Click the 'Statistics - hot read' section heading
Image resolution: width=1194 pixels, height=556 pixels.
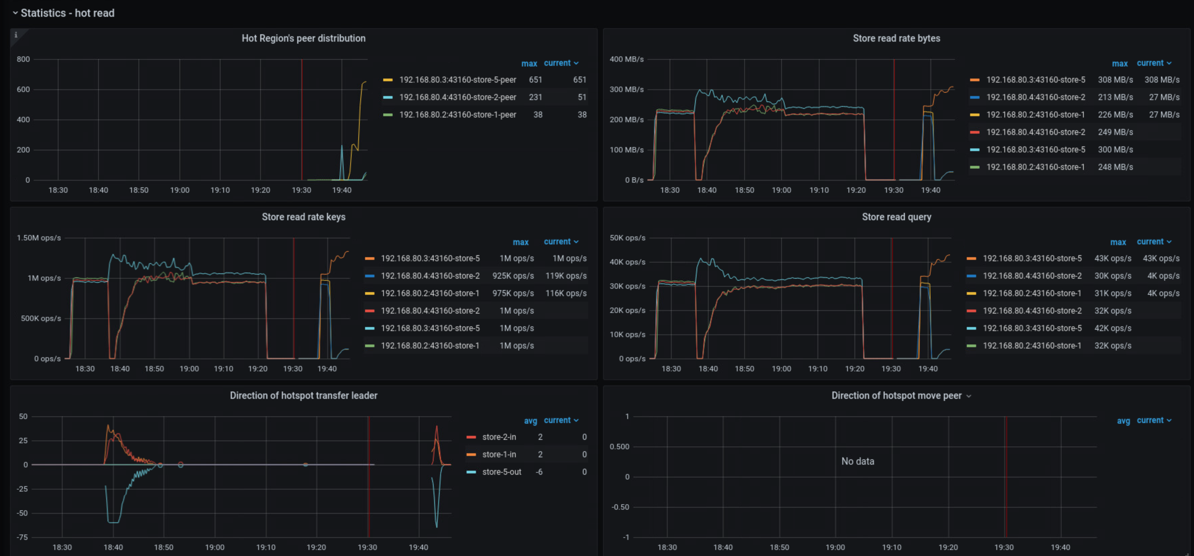[x=67, y=13]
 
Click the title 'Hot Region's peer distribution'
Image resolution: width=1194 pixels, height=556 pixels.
[x=303, y=38]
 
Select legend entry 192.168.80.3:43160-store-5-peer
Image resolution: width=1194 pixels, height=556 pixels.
[x=457, y=80]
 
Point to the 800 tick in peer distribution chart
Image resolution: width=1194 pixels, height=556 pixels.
[x=23, y=59]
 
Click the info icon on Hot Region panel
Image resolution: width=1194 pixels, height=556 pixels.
[x=16, y=35]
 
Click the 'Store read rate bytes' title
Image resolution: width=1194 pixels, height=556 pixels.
[x=896, y=38]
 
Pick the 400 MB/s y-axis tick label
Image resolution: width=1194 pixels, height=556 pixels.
[x=626, y=59]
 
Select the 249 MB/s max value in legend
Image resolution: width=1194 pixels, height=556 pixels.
[x=1115, y=132]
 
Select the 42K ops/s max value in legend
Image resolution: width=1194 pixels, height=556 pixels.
[x=1112, y=328]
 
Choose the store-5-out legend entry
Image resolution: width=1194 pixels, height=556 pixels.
[x=501, y=472]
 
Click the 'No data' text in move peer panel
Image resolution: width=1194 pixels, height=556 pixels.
[x=858, y=461]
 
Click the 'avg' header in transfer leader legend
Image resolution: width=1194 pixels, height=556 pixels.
[x=530, y=420]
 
